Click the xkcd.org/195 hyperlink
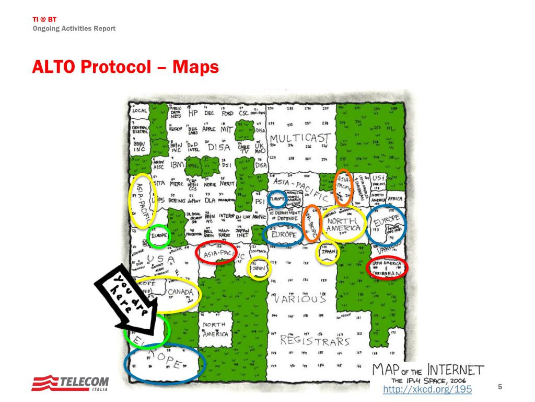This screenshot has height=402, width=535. (427, 389)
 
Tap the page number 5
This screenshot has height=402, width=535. (500, 387)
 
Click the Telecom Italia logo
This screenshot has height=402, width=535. (70, 383)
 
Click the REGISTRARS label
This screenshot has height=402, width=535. (315, 341)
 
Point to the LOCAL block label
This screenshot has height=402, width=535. (139, 111)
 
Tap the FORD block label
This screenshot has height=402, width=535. (227, 113)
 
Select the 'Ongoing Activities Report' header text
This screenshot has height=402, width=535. (74, 28)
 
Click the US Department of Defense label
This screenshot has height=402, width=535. (285, 216)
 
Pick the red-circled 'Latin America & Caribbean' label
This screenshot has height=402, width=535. (387, 267)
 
